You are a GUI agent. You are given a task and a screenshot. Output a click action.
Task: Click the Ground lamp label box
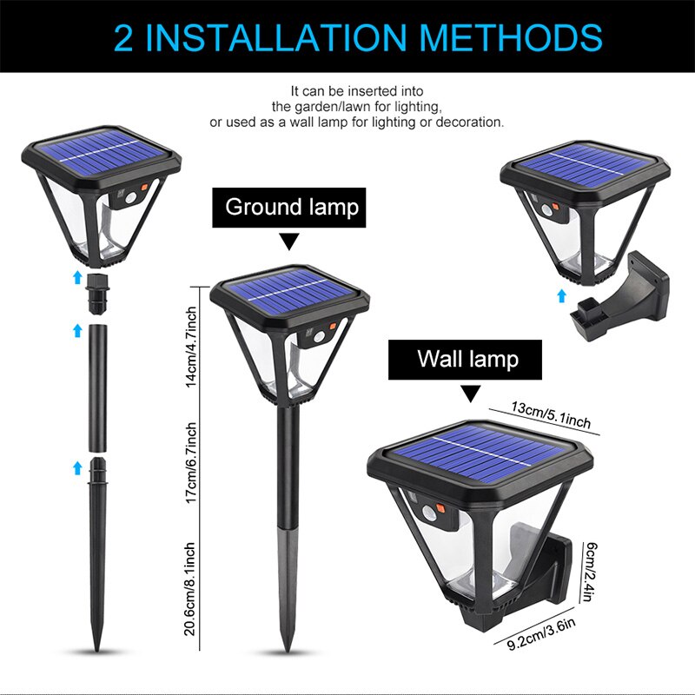[291, 208]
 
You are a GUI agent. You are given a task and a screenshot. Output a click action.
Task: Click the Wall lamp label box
[467, 359]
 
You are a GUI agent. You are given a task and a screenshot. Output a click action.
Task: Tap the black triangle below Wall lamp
[469, 394]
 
